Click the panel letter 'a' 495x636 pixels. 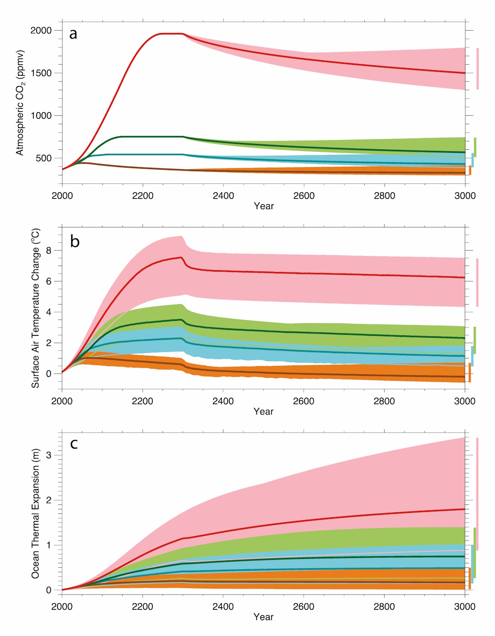pos(73,34)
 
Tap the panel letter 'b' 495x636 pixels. pos(75,242)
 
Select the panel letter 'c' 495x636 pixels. pos(74,444)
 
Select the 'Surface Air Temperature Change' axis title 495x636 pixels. pos(36,308)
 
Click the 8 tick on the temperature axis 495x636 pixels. pos(49,251)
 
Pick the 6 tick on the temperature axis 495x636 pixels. pos(49,281)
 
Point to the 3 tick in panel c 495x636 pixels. pos(49,455)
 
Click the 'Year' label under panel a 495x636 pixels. pos(263,206)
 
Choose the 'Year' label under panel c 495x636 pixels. pos(263,617)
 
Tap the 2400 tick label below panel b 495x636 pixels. pos(223,401)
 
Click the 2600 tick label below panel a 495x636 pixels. pos(304,196)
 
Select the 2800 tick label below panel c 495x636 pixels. pos(385,606)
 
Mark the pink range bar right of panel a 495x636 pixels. pos(478,69)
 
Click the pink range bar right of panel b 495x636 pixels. pos(477,282)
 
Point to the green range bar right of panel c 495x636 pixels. pos(475,553)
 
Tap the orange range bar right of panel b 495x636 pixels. pos(470,372)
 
